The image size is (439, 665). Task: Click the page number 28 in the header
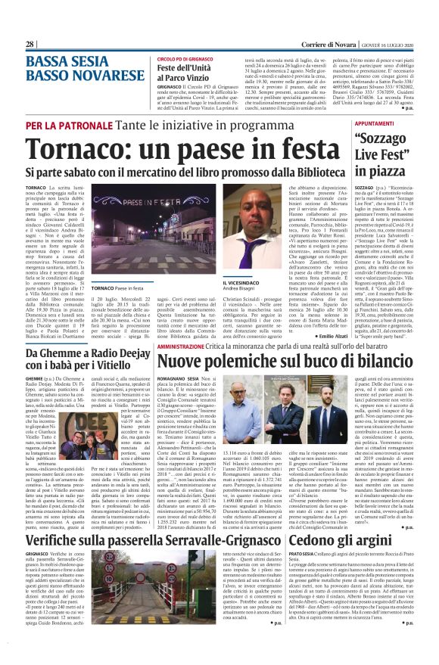click(30, 45)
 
